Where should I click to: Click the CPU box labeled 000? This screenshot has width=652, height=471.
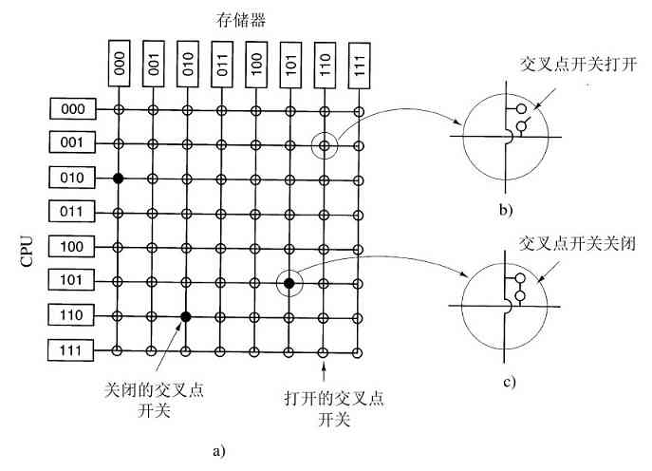click(x=72, y=110)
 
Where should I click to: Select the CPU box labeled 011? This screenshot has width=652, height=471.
click(x=72, y=213)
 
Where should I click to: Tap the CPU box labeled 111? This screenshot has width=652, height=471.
click(x=72, y=350)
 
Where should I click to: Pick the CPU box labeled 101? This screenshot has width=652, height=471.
click(x=72, y=282)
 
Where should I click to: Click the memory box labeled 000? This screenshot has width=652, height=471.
click(x=119, y=62)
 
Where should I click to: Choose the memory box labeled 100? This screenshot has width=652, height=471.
click(x=255, y=62)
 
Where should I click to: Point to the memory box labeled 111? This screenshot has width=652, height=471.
click(x=358, y=62)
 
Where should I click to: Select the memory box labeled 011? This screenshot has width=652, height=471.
click(x=221, y=62)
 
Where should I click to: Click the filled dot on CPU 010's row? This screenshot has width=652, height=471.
click(x=119, y=179)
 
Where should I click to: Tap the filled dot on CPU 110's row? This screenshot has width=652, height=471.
click(x=187, y=316)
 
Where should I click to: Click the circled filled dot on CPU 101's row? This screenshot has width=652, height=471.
click(x=289, y=282)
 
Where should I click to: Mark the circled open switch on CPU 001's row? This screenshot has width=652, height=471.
click(x=324, y=145)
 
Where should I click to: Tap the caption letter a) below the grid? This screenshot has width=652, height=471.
click(x=219, y=450)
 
